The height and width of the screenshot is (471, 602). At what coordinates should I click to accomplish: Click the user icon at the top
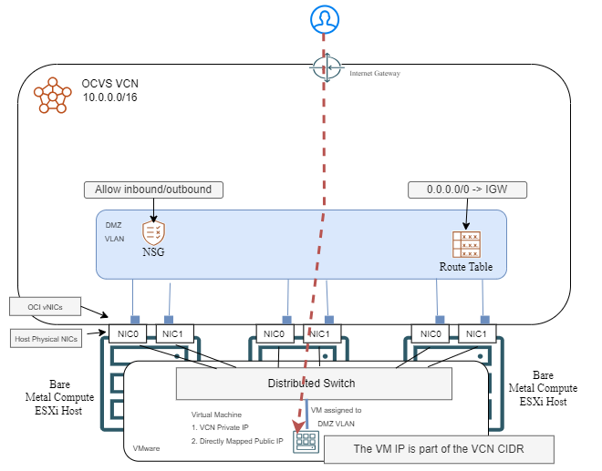click(323, 18)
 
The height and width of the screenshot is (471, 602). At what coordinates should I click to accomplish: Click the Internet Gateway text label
click(375, 73)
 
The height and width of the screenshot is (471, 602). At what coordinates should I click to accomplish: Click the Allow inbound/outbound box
click(152, 190)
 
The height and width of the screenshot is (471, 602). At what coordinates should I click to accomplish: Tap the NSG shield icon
click(153, 231)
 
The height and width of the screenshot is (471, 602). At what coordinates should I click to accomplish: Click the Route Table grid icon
click(466, 244)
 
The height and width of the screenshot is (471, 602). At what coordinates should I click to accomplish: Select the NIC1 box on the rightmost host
click(475, 333)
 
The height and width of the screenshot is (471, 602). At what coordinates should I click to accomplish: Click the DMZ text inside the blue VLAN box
click(114, 223)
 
